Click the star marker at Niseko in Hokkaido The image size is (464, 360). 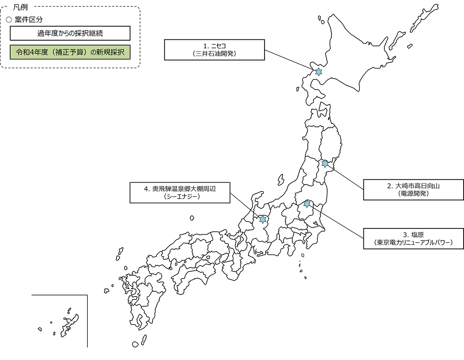(x=318, y=72)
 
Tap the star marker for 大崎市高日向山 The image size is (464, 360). (x=325, y=164)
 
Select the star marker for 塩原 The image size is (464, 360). (x=307, y=203)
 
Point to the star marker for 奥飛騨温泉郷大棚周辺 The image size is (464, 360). (x=263, y=219)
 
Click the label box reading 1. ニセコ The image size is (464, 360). (x=214, y=49)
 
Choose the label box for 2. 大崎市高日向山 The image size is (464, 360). (x=413, y=189)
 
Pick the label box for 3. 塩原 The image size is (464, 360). (x=413, y=239)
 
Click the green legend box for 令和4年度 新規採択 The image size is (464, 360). (x=70, y=52)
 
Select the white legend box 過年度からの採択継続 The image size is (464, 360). (x=70, y=33)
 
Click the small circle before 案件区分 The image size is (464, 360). (x=9, y=20)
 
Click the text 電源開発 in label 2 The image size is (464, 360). (x=413, y=194)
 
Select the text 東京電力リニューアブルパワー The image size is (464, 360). (x=413, y=243)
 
